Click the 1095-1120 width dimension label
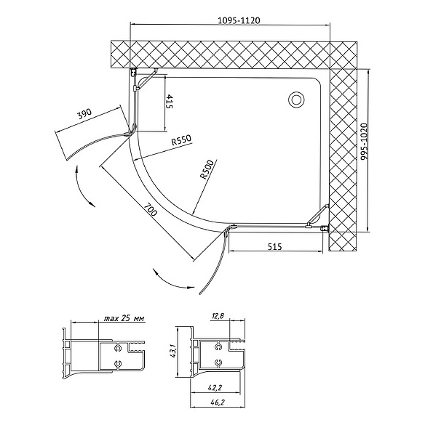[239, 20]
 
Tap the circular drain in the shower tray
[296, 100]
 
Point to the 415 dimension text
[169, 102]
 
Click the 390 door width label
[84, 114]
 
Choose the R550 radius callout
[181, 140]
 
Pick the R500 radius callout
[207, 169]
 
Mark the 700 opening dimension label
[150, 209]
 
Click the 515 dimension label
[275, 246]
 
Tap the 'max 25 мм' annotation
[124, 318]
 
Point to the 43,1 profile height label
[172, 352]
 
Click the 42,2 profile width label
[215, 388]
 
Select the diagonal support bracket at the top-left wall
[147, 79]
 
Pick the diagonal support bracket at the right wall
[318, 215]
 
